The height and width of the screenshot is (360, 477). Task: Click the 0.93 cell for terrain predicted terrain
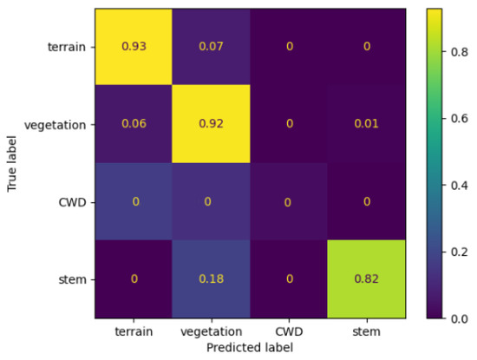click(134, 46)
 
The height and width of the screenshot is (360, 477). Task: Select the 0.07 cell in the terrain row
click(212, 46)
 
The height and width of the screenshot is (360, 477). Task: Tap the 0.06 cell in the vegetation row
click(134, 124)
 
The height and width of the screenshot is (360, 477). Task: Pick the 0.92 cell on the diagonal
click(212, 124)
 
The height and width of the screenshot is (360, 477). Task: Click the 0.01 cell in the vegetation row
click(366, 124)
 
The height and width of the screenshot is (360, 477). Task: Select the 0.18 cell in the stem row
click(212, 279)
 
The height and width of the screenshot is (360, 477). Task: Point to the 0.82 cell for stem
click(366, 279)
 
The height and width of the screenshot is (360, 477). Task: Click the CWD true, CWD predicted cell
click(289, 201)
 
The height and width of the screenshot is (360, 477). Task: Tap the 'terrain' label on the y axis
click(69, 47)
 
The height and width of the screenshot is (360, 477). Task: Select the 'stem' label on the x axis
click(366, 332)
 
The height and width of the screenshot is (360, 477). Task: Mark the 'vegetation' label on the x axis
click(212, 332)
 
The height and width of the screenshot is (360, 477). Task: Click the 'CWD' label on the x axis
click(289, 332)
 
